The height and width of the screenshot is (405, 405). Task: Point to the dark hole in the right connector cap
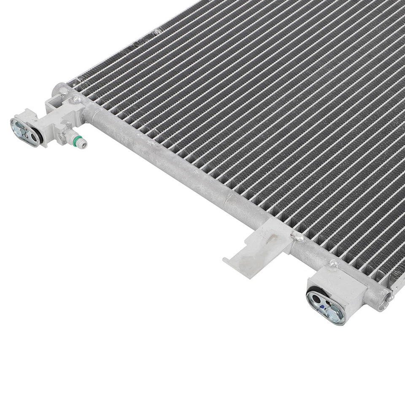(316, 298)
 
